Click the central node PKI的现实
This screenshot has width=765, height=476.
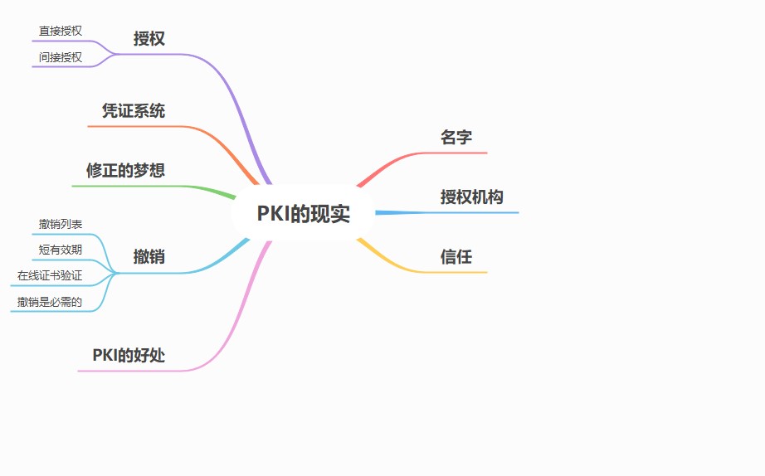[x=303, y=214]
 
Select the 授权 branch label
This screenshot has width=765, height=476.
[x=149, y=38]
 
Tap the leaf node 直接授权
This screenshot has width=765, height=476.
[x=61, y=31]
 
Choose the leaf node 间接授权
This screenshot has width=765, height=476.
[x=61, y=57]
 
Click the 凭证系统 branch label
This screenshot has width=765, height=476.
[x=134, y=111]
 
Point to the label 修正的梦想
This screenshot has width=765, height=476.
[x=125, y=170]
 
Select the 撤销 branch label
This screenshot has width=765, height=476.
[x=149, y=257]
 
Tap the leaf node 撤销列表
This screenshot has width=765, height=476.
[x=61, y=224]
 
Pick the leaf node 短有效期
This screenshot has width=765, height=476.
[x=61, y=249]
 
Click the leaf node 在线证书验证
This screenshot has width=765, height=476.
[x=50, y=275]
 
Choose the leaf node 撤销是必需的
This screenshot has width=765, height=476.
[x=50, y=302]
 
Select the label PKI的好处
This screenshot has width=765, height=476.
[x=129, y=356]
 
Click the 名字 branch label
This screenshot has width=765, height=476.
[x=456, y=138]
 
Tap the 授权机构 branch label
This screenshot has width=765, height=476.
[x=471, y=197]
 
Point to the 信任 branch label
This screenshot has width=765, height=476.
[x=456, y=257]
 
